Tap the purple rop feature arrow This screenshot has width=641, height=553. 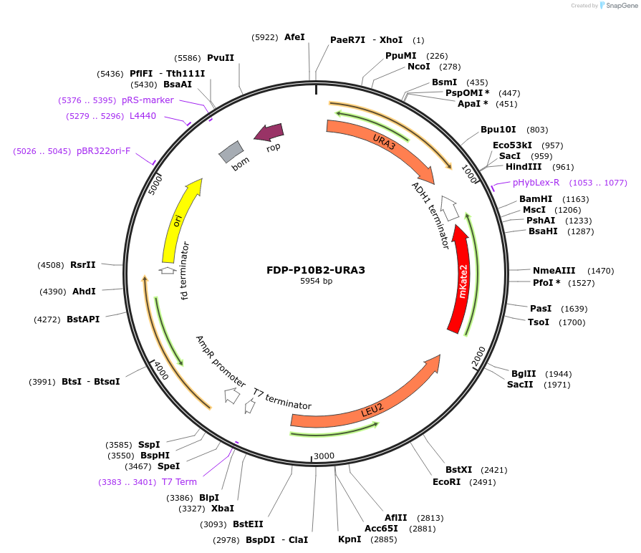(x=269, y=133)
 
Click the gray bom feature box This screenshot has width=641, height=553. (x=231, y=151)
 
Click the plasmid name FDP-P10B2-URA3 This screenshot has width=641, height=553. (x=316, y=270)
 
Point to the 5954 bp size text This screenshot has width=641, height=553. (x=316, y=282)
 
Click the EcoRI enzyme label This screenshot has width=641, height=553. (x=446, y=482)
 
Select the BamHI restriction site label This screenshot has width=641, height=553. (x=535, y=199)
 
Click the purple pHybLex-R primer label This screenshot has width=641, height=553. (x=536, y=183)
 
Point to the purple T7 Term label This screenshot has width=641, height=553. (x=179, y=482)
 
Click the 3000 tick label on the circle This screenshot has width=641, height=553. (x=324, y=456)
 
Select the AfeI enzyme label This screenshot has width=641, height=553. (x=294, y=37)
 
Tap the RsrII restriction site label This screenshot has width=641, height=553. (x=82, y=265)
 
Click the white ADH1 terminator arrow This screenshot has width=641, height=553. (x=450, y=207)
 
